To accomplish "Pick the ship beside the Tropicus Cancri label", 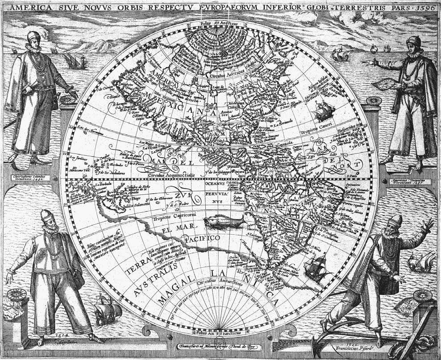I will click(323, 110).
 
